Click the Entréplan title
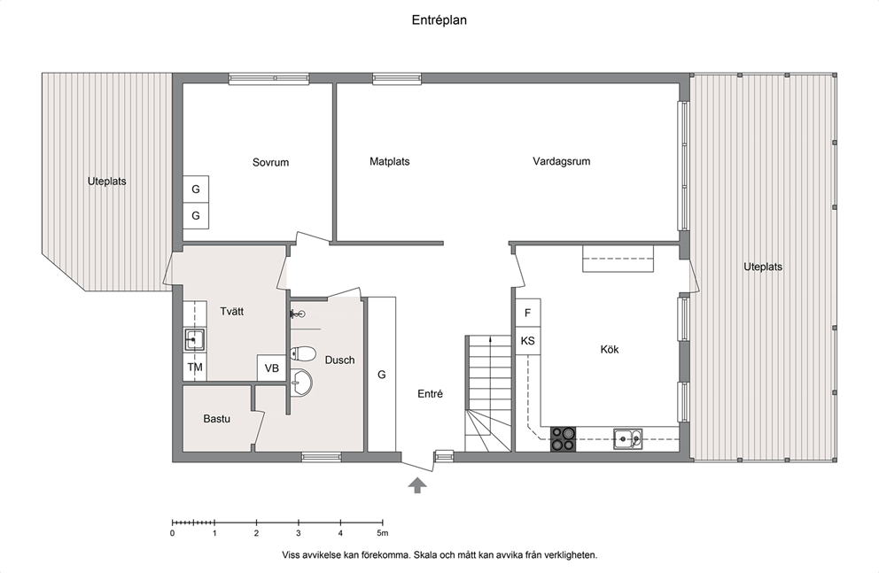pyautogui.click(x=439, y=20)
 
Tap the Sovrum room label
pyautogui.click(x=270, y=162)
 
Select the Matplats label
pyautogui.click(x=389, y=161)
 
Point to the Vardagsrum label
pyautogui.click(x=561, y=161)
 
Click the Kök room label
pyautogui.click(x=610, y=349)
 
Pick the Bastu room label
pyautogui.click(x=216, y=418)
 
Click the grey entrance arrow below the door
pyautogui.click(x=416, y=485)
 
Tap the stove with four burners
pyautogui.click(x=563, y=438)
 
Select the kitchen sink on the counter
pyautogui.click(x=627, y=439)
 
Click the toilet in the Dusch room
pyautogui.click(x=302, y=353)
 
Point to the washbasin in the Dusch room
pyautogui.click(x=301, y=383)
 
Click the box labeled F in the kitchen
pyautogui.click(x=527, y=313)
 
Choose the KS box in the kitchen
pyautogui.click(x=527, y=341)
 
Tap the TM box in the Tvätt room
pyautogui.click(x=195, y=368)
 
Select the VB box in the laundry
pyautogui.click(x=272, y=368)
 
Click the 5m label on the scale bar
pyautogui.click(x=382, y=533)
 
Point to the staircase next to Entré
pyautogui.click(x=488, y=393)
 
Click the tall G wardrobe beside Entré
pyautogui.click(x=382, y=374)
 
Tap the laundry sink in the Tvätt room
pyautogui.click(x=194, y=339)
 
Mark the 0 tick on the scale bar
pyautogui.click(x=172, y=523)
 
